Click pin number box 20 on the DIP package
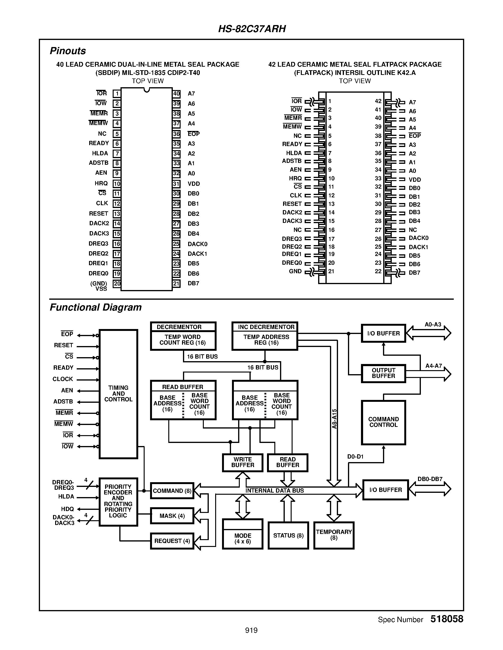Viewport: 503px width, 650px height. [x=117, y=284]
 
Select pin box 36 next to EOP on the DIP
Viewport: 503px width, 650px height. [x=176, y=134]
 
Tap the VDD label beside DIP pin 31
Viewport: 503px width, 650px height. [x=194, y=184]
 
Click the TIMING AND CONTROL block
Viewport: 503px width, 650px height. [x=118, y=394]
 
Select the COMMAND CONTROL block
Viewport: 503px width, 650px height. [x=383, y=422]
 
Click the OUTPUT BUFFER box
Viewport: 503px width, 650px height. [x=383, y=373]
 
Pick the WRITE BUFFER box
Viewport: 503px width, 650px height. [x=243, y=462]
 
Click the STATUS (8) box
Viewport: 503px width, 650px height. [x=288, y=535]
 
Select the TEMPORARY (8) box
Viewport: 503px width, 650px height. [x=334, y=535]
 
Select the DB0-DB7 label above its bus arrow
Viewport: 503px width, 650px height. [x=430, y=479]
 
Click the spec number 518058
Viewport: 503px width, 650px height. [x=447, y=619]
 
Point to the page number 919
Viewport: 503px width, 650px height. [x=251, y=630]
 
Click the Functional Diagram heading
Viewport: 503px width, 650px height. [x=96, y=307]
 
